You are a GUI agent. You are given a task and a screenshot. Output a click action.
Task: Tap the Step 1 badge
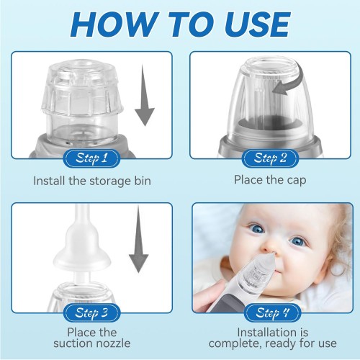(x=91, y=158)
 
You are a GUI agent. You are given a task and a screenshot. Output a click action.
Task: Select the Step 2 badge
(x=270, y=158)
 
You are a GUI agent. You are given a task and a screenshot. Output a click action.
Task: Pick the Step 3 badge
(x=91, y=312)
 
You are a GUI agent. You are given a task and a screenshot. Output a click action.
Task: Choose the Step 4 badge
(x=272, y=312)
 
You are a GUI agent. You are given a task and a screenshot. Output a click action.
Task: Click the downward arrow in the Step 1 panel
(x=145, y=95)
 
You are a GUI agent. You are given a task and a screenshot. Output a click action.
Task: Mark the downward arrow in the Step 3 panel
(x=139, y=240)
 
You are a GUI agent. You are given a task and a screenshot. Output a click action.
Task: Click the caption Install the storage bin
(x=92, y=181)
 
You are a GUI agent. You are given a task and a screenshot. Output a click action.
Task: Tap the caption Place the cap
(x=270, y=180)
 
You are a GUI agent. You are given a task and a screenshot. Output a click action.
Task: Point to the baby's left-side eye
(x=257, y=229)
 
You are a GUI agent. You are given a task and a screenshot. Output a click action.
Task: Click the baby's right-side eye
(x=297, y=241)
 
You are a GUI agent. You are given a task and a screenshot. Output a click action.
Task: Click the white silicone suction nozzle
(x=81, y=245)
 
